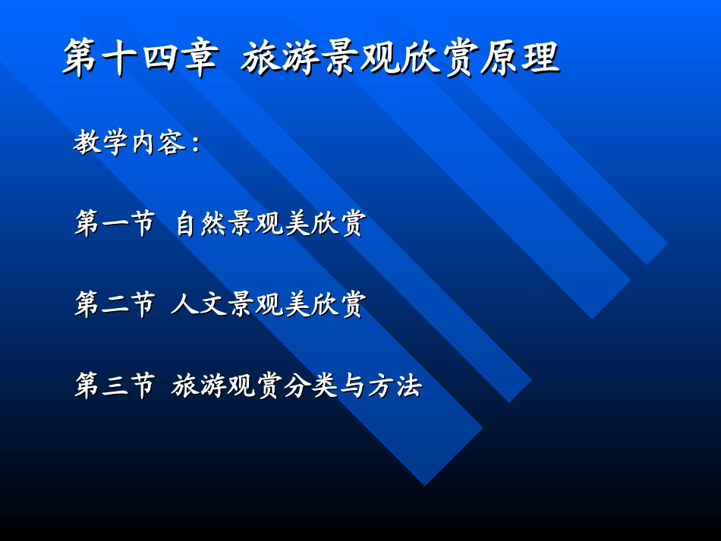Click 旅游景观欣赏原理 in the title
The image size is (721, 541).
[401, 58]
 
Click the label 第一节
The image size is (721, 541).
[115, 224]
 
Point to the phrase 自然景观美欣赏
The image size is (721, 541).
[270, 224]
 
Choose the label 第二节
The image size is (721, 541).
[115, 305]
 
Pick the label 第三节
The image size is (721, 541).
[115, 385]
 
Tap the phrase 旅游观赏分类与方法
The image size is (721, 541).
[297, 385]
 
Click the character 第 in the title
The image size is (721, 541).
[83, 58]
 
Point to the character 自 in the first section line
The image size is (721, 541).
[187, 224]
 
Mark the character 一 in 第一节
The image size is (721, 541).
[115, 225]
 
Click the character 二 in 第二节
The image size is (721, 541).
[115, 305]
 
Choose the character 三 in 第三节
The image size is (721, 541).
[115, 385]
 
